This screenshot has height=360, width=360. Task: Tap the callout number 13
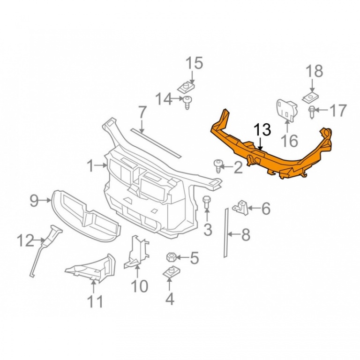pos(262,130)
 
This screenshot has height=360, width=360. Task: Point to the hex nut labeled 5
pos(171,257)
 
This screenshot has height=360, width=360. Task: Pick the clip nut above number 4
pos(171,272)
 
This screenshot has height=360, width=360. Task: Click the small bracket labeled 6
pos(240,208)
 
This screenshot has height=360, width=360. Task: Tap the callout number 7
pos(142,112)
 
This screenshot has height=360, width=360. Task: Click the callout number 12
pos(25,240)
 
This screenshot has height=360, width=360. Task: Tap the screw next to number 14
pos(187,102)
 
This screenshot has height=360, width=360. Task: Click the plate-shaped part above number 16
pos(286,110)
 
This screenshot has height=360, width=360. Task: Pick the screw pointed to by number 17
pos(312,112)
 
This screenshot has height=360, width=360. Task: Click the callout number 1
pos(91,166)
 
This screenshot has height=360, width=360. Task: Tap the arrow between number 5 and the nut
pos(182,258)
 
